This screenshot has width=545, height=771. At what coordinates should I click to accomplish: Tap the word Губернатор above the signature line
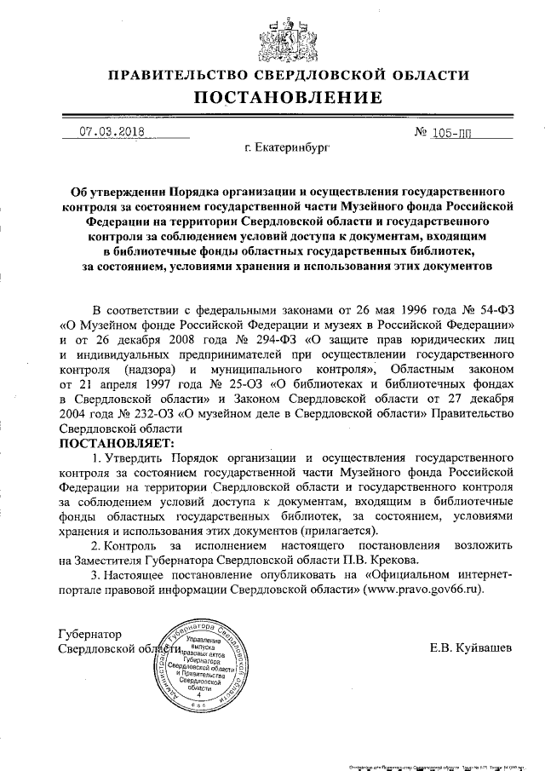coord(89,635)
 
